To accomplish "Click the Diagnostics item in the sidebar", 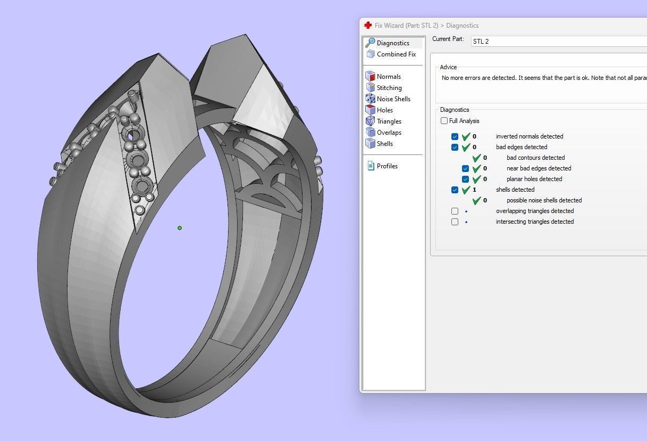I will coord(392,43).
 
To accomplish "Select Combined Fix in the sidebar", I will coord(396,54).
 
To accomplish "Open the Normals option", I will coord(388,77).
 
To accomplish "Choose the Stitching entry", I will coord(389,88).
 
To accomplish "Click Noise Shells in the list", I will coord(393,99).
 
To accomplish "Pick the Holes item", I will coord(384,110).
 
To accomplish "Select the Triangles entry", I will coord(389,121).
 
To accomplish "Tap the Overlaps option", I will coord(389,133).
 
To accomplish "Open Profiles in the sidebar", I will coord(386,166).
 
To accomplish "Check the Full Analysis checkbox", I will coord(444,121).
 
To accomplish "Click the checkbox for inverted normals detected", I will coord(455,136).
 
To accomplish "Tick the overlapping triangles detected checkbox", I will coord(455,211).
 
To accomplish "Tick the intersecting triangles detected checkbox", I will coord(455,222).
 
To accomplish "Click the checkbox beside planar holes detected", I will coord(466,179).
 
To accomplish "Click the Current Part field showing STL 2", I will coord(558,41).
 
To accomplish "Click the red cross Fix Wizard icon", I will coord(368,26).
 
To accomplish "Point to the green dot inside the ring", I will coord(180,228).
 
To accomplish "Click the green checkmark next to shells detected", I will coord(466,190).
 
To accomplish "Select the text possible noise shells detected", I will coord(544,200).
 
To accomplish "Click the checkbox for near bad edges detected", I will coord(466,168).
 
